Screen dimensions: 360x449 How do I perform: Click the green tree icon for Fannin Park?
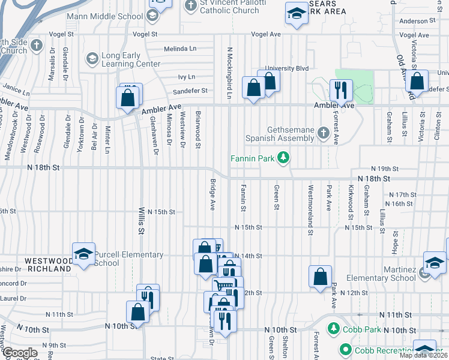[283, 159]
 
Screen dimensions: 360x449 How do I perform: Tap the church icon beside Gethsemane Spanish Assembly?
[324, 131]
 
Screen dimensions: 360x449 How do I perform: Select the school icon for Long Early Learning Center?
[92, 59]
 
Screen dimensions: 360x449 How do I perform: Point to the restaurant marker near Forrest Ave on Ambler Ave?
[340, 91]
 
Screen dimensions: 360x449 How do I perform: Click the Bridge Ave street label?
[212, 195]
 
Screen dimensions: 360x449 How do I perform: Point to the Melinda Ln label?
[180, 49]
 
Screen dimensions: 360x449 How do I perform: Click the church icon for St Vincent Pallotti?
[191, 6]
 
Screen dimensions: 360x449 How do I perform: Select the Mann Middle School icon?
[152, 14]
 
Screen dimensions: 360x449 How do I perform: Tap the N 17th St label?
[402, 195]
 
